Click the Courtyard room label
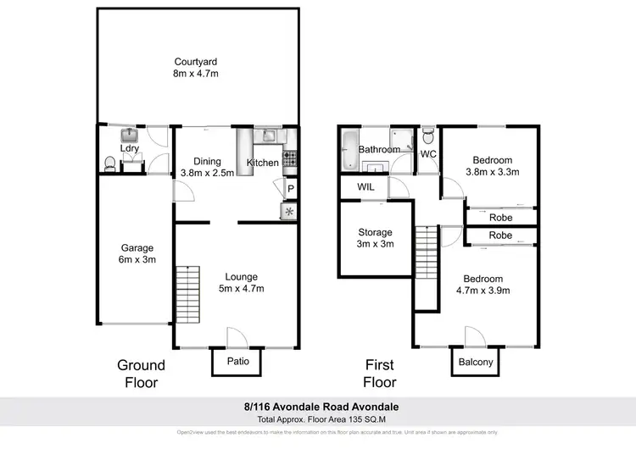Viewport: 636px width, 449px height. coord(197,68)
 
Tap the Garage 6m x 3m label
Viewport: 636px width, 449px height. coord(137,254)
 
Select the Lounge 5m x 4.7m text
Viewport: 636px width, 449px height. coord(242,283)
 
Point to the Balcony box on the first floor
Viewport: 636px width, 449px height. coord(475,362)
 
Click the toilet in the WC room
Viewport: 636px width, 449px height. coord(428,136)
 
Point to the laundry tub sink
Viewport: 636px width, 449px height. coord(130,136)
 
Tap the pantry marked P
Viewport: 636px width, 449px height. coord(289,189)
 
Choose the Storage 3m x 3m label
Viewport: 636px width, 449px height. coord(375,238)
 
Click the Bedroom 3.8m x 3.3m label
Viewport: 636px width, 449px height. coord(492,166)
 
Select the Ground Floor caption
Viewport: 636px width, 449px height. coord(141,374)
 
